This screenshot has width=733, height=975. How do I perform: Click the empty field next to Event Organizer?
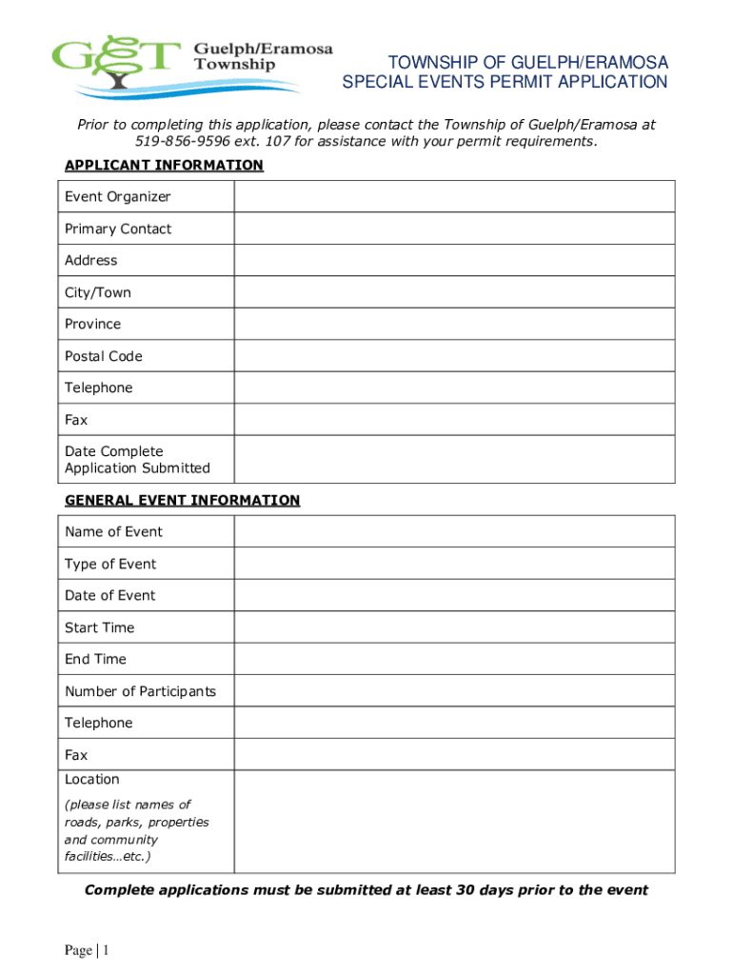click(x=454, y=197)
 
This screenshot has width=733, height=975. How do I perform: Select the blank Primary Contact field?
click(x=454, y=229)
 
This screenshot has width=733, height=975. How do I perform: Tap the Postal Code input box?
click(x=454, y=356)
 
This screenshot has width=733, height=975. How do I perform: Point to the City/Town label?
click(x=98, y=292)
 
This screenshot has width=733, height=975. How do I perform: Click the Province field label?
click(x=93, y=324)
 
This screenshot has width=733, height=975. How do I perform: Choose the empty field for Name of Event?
click(x=454, y=531)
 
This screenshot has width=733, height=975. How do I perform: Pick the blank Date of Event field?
click(x=454, y=595)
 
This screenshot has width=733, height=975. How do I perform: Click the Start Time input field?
click(x=454, y=627)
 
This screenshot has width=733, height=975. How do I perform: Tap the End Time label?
click(x=95, y=659)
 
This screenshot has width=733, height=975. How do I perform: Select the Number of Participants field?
click(x=454, y=691)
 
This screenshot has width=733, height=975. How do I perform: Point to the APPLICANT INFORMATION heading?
click(x=164, y=166)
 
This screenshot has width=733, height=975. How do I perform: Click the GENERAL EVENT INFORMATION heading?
click(x=182, y=500)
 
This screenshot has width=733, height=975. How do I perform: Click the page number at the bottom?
click(x=88, y=950)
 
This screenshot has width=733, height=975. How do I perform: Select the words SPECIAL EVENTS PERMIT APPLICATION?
click(x=505, y=83)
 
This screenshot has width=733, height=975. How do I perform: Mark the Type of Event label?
click(x=110, y=564)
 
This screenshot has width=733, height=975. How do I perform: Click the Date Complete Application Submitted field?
click(x=454, y=459)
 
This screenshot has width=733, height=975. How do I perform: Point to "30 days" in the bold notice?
click(x=488, y=890)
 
